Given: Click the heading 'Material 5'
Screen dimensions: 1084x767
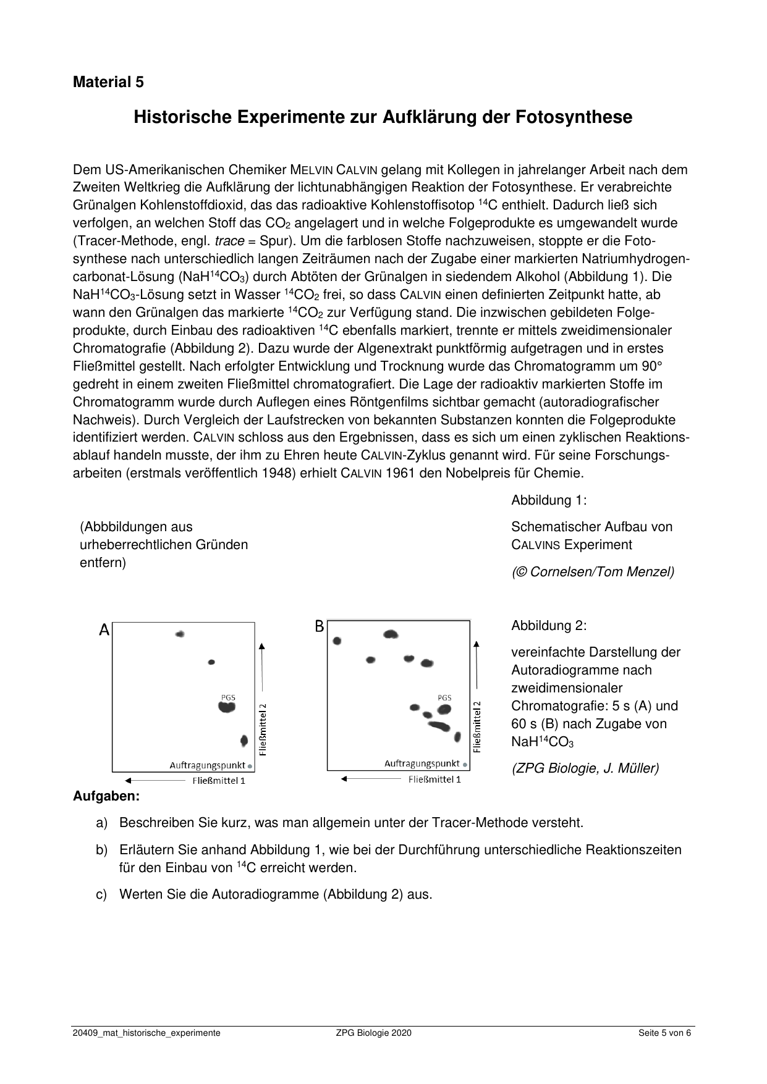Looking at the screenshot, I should pos(108,82).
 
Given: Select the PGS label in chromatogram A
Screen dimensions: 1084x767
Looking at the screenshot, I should pos(228,697).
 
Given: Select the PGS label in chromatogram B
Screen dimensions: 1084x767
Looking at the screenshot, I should pos(444,697).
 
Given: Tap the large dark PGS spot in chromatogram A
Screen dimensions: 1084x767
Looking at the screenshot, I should pos(227,707).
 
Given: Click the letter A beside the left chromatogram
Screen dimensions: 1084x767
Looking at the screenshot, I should pos(104,630).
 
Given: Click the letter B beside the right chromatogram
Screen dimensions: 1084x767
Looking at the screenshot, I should pos(319,626).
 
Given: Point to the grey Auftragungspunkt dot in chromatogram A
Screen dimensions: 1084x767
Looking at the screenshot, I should pos(250,766).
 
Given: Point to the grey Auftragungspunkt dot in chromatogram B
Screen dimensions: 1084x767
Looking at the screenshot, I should pos(465,765).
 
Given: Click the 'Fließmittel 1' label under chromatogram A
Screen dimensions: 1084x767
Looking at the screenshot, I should pos(219,781).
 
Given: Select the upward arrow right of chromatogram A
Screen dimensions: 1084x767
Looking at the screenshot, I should pos(262,667).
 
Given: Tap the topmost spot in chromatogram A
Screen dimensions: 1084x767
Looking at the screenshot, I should pos(180,634).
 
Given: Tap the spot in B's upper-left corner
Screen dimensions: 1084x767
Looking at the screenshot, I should pos(337,641).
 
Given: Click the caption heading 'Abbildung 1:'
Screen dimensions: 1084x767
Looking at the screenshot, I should pos(549,500).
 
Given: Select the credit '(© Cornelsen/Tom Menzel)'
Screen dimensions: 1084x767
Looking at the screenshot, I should pos(592,572).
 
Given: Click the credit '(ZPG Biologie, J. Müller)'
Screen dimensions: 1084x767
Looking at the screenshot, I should pos(585,768).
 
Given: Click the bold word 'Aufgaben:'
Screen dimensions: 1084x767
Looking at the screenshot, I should pos(106,796).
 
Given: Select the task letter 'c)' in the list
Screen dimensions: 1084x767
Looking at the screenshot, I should pos(102,894).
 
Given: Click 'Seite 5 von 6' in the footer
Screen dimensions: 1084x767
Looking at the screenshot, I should pos(664,1033).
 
